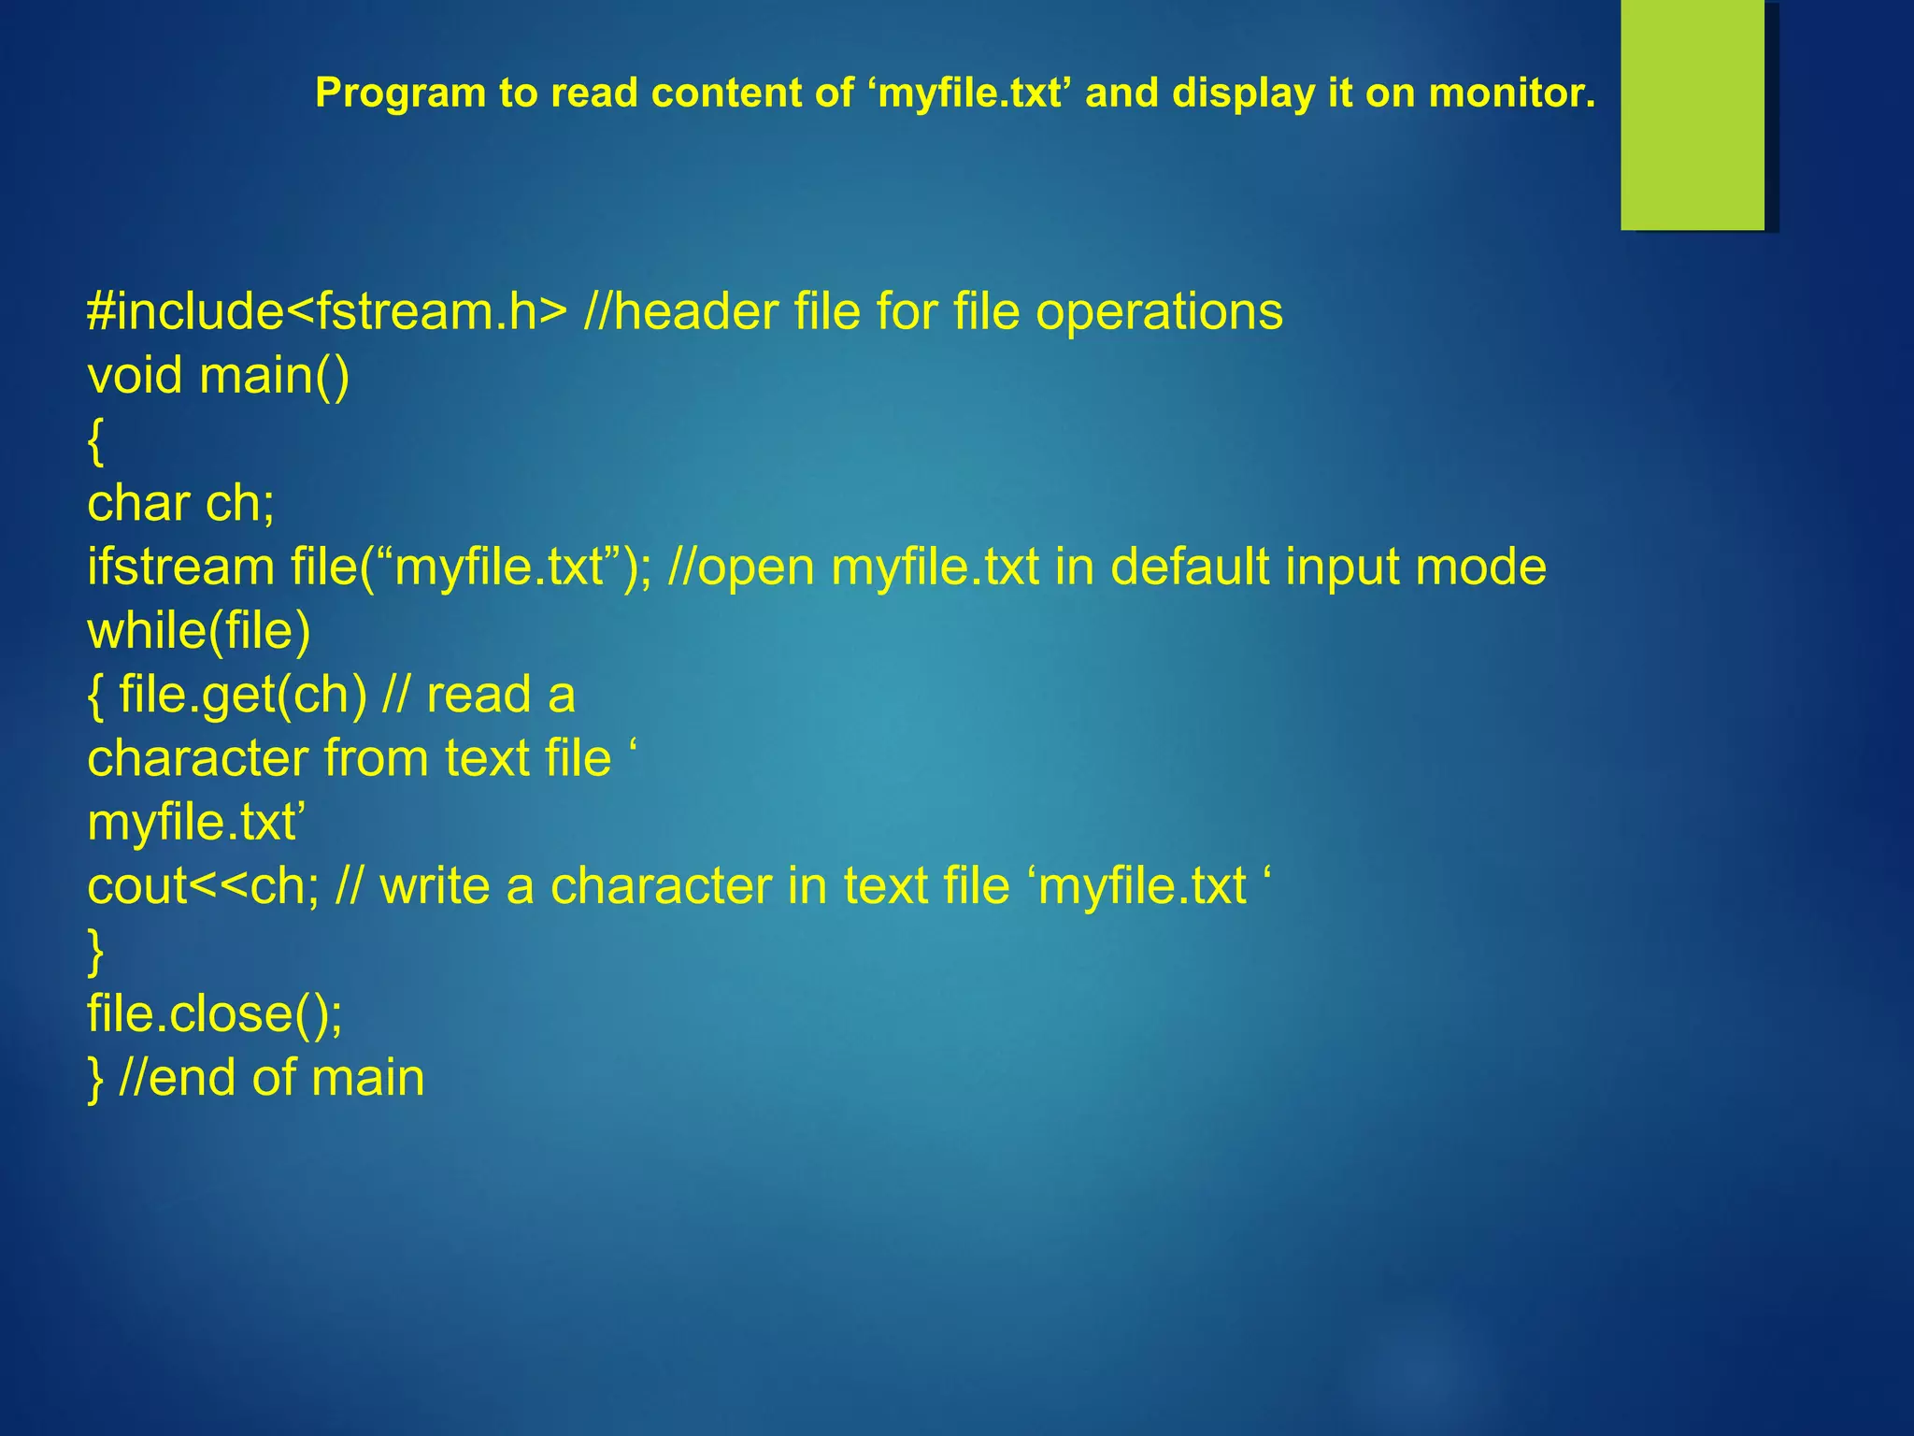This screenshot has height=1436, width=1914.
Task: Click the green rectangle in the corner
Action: [x=1693, y=115]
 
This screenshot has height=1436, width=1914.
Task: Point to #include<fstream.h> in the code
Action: [x=326, y=311]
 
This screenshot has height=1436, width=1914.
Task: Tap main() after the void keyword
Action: [x=275, y=376]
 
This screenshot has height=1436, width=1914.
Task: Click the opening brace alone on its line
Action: [x=95, y=441]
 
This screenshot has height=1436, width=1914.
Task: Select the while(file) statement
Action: [x=198, y=631]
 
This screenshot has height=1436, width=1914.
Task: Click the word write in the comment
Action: [x=435, y=886]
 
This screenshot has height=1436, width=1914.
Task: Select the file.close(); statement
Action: [x=215, y=1014]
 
